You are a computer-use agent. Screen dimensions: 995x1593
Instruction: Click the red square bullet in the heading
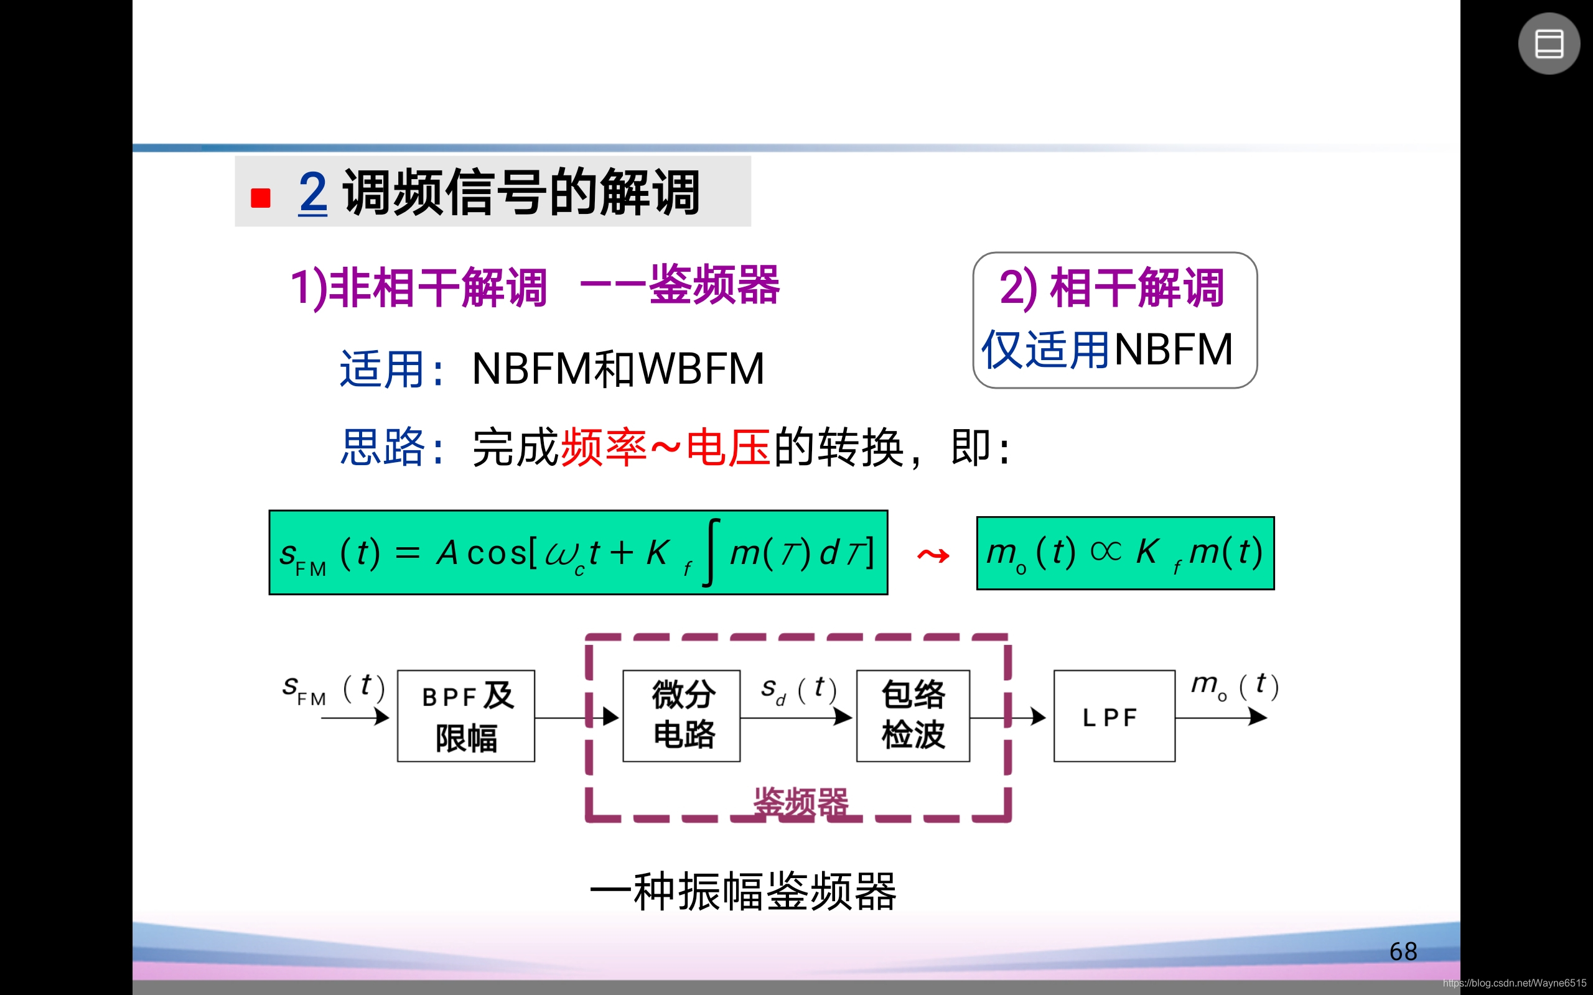point(261,197)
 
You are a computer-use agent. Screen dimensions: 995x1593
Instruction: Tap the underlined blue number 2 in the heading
point(312,192)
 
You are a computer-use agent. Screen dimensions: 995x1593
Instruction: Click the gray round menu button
point(1548,44)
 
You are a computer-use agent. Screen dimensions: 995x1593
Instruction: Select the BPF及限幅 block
point(466,716)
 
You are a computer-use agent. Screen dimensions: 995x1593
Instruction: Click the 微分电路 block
point(681,716)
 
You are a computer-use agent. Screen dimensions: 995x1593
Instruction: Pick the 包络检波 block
point(912,716)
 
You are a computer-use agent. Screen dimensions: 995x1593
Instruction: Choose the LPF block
point(1114,716)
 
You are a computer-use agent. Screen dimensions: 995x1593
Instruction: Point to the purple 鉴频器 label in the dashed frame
point(800,802)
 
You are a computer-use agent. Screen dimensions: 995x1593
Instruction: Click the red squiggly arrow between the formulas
point(933,555)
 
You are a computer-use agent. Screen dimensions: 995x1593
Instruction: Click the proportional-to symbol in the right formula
point(1105,551)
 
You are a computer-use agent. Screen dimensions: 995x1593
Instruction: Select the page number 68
point(1403,951)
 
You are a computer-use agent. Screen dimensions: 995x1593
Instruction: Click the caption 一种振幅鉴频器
point(743,892)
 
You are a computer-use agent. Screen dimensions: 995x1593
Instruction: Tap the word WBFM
point(702,369)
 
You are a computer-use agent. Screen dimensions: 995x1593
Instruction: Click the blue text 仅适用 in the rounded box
point(1045,349)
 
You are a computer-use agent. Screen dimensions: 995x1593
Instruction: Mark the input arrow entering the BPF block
point(355,717)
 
